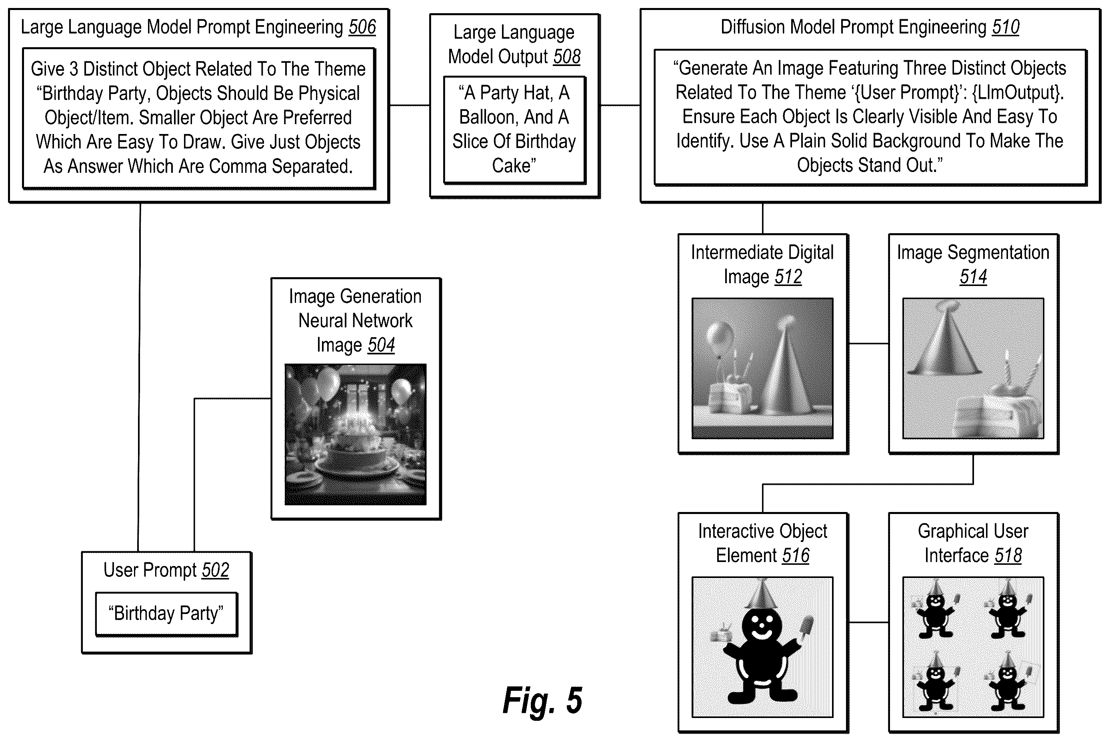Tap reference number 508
tap(567, 57)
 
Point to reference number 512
tap(788, 277)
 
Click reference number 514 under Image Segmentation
tap(973, 277)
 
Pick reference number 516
tap(796, 556)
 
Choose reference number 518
tap(1008, 556)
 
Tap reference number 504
tap(381, 345)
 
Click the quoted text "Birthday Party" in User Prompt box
tap(166, 613)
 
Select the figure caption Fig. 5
tap(543, 700)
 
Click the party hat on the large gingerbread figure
tap(761, 594)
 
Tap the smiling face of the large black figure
tap(761, 625)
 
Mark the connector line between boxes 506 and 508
tap(409, 105)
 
